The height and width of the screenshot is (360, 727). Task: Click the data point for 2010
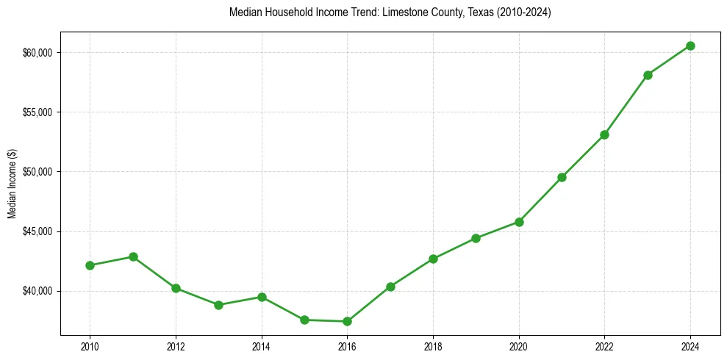(x=90, y=265)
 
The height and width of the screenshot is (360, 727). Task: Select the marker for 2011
(x=133, y=256)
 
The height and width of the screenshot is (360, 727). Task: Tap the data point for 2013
(x=218, y=305)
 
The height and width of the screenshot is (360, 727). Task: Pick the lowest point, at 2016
(x=347, y=321)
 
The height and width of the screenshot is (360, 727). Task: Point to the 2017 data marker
(x=390, y=287)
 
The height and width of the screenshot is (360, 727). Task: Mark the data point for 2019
(x=476, y=238)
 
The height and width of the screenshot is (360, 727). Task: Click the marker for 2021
(x=562, y=177)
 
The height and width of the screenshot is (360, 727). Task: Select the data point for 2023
(x=648, y=75)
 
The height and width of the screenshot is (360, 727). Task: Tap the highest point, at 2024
(x=690, y=46)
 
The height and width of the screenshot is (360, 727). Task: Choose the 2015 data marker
(x=304, y=320)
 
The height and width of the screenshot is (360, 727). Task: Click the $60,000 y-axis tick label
(x=37, y=52)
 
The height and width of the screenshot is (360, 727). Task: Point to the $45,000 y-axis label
(x=37, y=231)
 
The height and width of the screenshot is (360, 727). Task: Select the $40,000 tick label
(x=37, y=291)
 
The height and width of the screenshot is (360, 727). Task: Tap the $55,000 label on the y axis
(x=37, y=112)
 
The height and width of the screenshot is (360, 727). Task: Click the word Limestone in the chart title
(x=402, y=13)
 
